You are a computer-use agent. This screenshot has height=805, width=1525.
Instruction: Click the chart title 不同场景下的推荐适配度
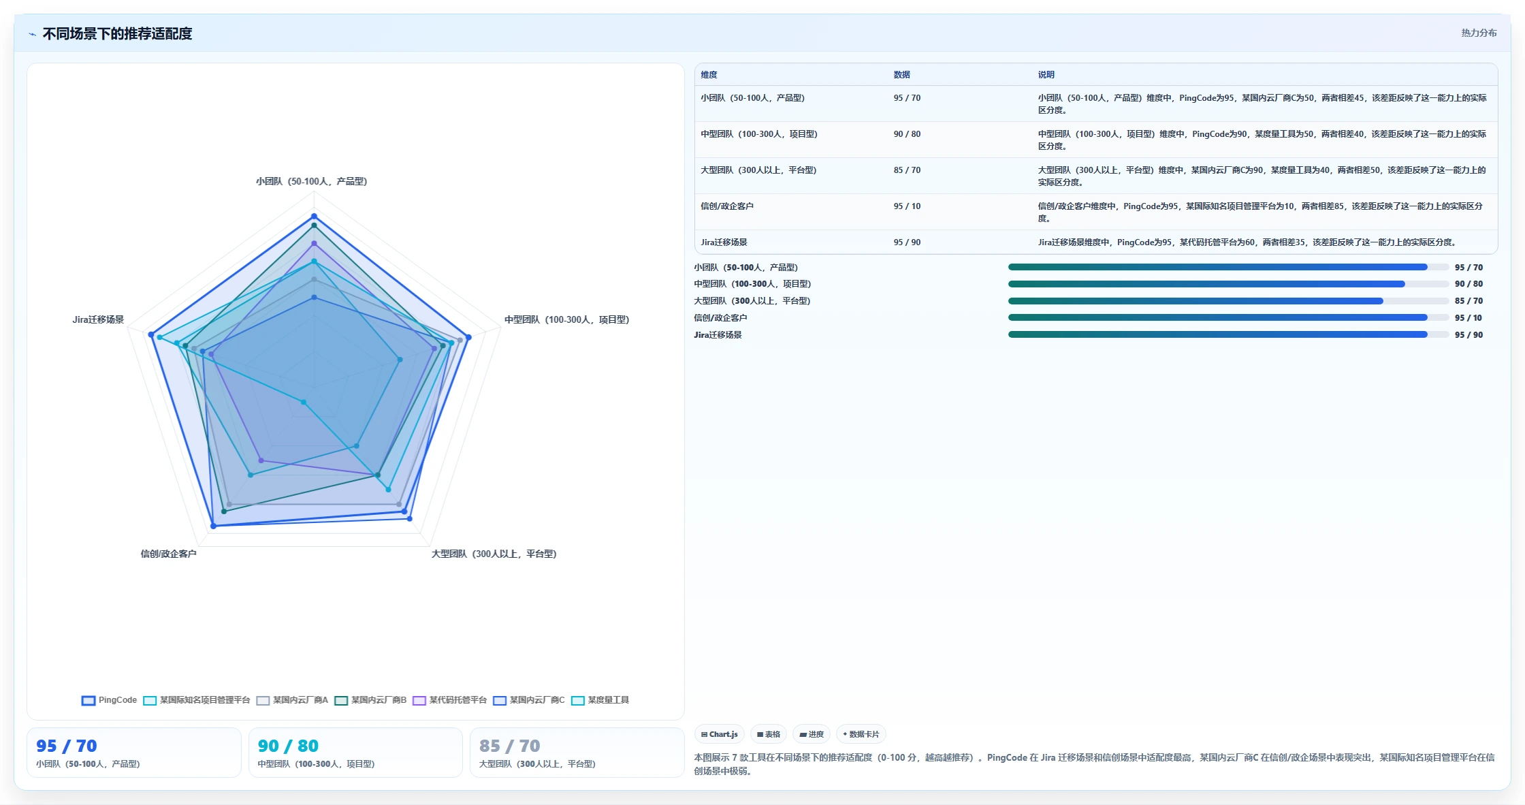point(117,33)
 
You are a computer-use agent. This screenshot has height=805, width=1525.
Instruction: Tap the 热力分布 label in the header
point(1479,33)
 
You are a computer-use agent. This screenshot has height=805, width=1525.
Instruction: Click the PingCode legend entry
point(109,700)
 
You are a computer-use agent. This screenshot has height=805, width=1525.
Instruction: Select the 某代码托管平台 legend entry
point(450,700)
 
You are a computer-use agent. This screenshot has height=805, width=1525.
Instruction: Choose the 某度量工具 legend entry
point(600,700)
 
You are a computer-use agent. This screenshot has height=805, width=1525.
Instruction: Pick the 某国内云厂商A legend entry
point(293,700)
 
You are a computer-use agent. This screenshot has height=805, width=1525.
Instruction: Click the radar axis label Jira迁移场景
point(98,319)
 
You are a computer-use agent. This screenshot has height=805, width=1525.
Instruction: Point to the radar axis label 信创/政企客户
point(168,554)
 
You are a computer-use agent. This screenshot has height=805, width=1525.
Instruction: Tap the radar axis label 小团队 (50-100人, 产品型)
point(312,181)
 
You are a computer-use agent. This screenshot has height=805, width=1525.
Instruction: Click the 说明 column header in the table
point(1046,75)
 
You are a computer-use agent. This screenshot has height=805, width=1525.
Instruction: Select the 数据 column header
point(902,75)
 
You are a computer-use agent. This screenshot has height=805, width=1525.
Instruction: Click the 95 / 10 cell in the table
point(907,206)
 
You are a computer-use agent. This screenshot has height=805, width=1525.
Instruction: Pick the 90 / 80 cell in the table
point(907,134)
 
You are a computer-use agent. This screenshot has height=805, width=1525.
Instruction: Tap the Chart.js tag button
point(720,734)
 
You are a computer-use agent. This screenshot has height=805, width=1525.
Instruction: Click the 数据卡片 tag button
point(861,734)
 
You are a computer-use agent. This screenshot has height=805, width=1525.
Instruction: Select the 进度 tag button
point(812,734)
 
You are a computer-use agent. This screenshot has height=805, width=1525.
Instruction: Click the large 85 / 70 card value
point(510,746)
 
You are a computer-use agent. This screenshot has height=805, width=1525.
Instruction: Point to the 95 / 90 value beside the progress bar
point(1468,335)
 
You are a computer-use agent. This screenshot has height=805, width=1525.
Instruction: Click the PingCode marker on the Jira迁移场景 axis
point(151,334)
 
